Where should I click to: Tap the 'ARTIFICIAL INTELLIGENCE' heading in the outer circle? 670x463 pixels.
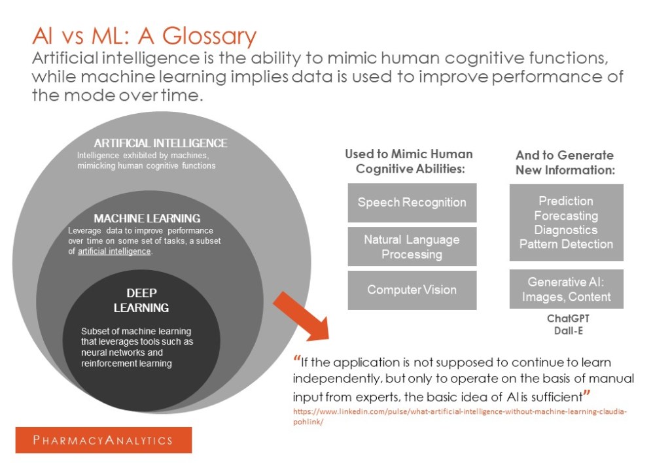click(x=160, y=143)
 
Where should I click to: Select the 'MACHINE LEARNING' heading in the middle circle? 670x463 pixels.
click(x=147, y=218)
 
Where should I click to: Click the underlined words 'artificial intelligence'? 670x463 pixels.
click(x=115, y=252)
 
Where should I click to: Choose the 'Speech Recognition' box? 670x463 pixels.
click(x=412, y=202)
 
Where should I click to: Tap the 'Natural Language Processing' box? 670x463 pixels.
click(x=412, y=247)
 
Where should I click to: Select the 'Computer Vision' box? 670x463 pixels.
click(x=412, y=290)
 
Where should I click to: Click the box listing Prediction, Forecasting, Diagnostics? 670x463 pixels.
click(x=566, y=222)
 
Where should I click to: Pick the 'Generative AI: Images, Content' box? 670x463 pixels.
click(x=566, y=289)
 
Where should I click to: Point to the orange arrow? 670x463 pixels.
click(x=301, y=315)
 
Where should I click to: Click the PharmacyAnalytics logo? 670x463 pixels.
click(x=103, y=439)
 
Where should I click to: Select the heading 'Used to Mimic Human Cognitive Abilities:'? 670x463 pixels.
click(x=409, y=162)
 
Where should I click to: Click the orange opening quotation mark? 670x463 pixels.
click(x=298, y=359)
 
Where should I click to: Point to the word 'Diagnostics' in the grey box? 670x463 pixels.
click(x=566, y=230)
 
